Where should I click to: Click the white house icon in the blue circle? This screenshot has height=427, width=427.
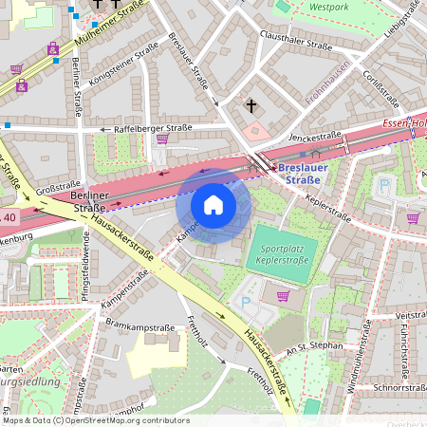click(213, 205)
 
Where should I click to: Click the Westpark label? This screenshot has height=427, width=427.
click(329, 6)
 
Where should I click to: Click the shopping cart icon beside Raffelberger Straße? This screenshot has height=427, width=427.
click(162, 139)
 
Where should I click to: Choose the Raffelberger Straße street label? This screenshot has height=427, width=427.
click(153, 127)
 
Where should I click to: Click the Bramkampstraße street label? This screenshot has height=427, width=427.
click(136, 325)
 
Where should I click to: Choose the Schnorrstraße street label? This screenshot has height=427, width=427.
click(397, 387)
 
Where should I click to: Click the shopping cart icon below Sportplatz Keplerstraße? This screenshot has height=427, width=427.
click(281, 295)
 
